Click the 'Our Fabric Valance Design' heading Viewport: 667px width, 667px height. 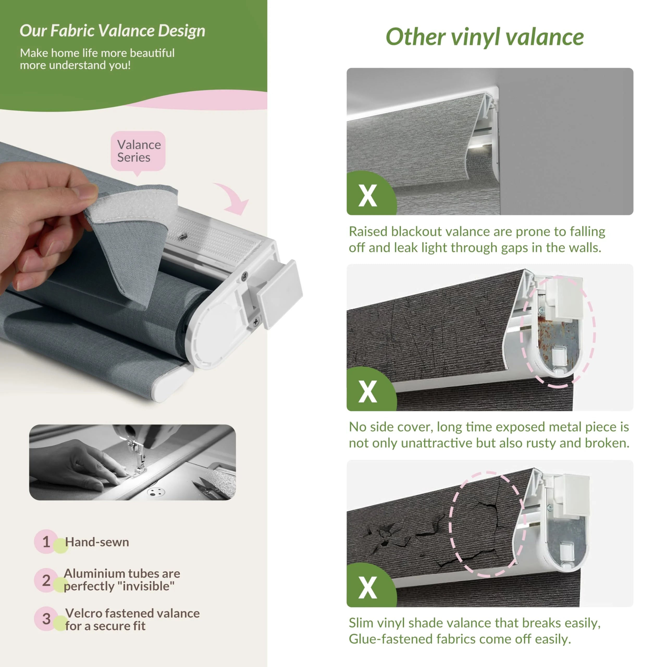[x=113, y=31]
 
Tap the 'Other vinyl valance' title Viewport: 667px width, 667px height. [x=484, y=37]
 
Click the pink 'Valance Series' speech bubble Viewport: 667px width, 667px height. [x=138, y=152]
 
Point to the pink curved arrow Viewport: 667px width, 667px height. [x=233, y=197]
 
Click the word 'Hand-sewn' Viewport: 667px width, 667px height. [x=97, y=542]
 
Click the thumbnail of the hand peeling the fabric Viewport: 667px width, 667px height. [x=133, y=462]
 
